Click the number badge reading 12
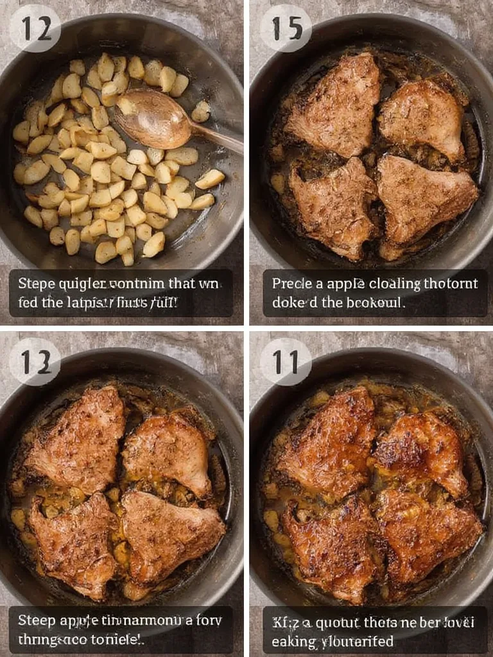pos(35,28)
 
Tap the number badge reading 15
pos(286,28)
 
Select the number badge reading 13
pos(35,362)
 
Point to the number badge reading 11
pos(286,362)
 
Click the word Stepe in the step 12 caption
pos(34,284)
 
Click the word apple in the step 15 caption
pos(345,284)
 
